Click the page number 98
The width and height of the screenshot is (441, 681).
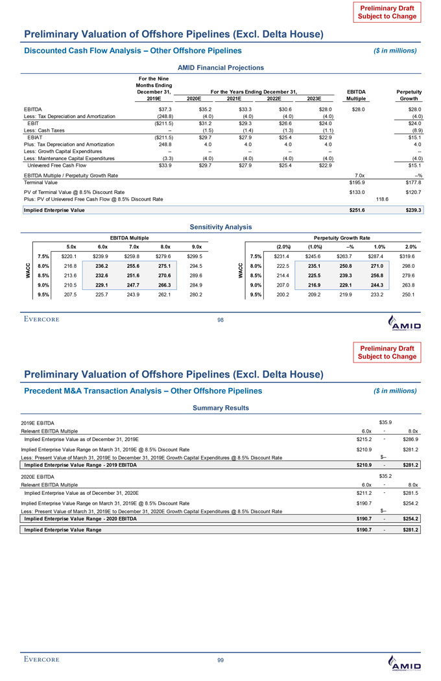click(220, 319)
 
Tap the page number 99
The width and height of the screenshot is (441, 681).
click(220, 660)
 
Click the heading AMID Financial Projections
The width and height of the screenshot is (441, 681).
click(220, 67)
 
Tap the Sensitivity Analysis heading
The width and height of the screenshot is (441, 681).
click(220, 226)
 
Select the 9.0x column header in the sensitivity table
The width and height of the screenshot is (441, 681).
click(195, 246)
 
